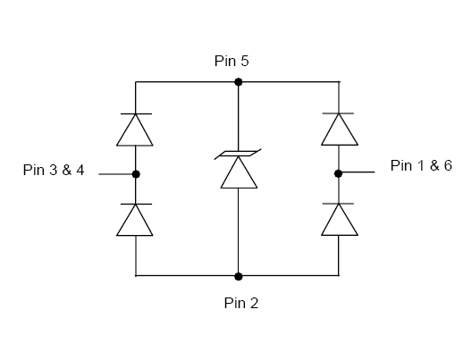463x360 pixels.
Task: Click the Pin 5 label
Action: (x=231, y=61)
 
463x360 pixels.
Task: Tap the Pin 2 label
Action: (x=241, y=303)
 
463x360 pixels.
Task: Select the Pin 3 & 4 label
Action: (x=54, y=170)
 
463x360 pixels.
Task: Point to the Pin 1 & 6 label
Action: (x=421, y=165)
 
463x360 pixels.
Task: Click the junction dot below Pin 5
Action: (x=238, y=82)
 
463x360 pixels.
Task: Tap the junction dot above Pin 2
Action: (x=238, y=276)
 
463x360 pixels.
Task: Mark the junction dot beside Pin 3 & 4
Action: (x=136, y=174)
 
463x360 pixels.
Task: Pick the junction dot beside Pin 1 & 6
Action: (x=338, y=173)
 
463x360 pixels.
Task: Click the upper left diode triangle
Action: (x=135, y=130)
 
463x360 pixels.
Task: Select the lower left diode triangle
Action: (x=135, y=220)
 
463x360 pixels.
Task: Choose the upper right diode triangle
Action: (x=340, y=130)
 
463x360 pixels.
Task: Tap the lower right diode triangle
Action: (x=340, y=220)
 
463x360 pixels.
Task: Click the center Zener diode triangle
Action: (x=239, y=172)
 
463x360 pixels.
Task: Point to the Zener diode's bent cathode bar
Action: (x=238, y=154)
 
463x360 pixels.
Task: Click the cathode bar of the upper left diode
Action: (x=136, y=113)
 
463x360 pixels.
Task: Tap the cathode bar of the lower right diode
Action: (x=338, y=204)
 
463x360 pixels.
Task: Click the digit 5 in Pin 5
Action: (x=244, y=61)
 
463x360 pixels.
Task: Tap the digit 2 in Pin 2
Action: (x=254, y=303)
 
